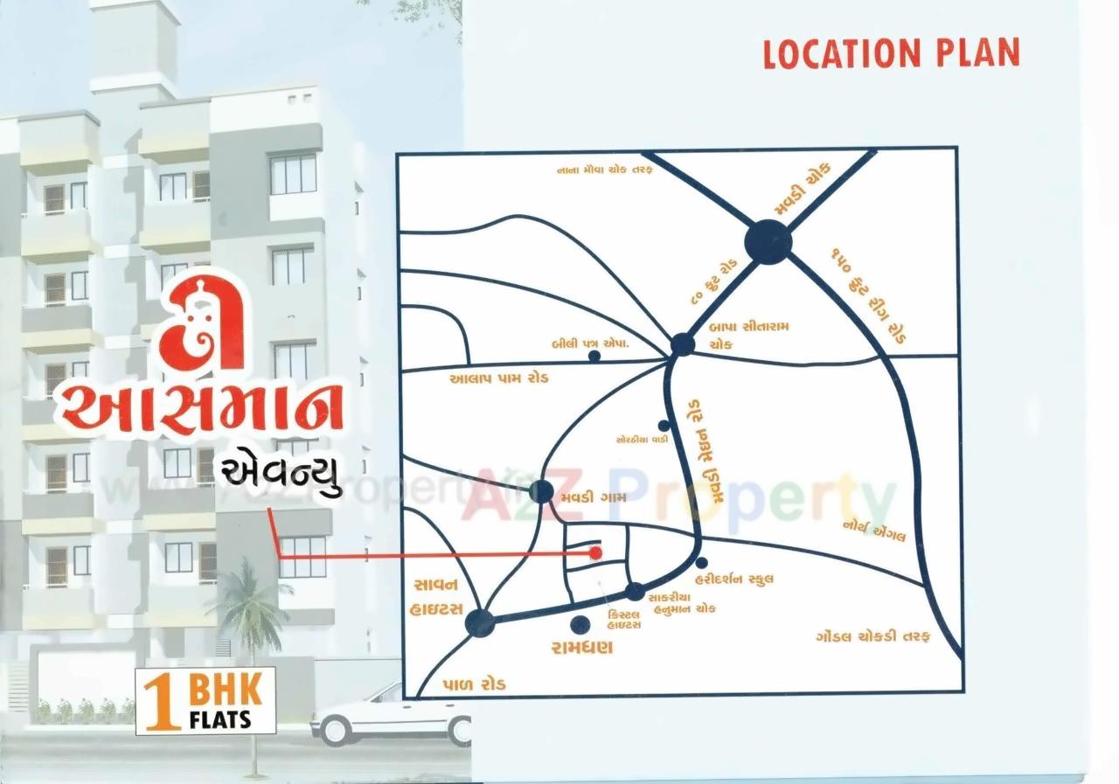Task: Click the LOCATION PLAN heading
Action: [x=891, y=54]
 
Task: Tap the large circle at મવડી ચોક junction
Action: [x=768, y=241]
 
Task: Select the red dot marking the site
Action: [x=595, y=552]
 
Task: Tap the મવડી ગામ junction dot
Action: [x=541, y=492]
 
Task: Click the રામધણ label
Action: [x=581, y=648]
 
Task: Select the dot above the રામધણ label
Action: [x=579, y=625]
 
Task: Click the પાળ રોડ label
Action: [x=474, y=684]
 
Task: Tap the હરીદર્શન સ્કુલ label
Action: [x=733, y=579]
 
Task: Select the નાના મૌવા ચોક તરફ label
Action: [x=604, y=170]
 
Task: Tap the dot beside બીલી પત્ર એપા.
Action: [x=594, y=356]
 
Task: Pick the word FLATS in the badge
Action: [x=219, y=720]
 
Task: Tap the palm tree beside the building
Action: [x=248, y=603]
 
